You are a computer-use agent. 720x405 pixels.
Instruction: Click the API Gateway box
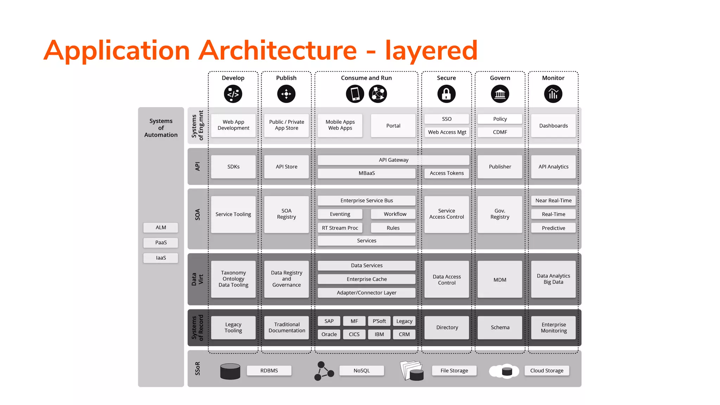(x=393, y=160)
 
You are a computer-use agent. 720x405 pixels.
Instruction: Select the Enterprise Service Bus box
(x=366, y=200)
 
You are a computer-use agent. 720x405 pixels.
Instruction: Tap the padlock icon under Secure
(x=446, y=94)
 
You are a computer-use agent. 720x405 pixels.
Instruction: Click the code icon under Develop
(x=233, y=94)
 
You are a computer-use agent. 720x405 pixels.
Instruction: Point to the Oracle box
(x=329, y=334)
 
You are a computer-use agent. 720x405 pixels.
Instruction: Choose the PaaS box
(x=161, y=243)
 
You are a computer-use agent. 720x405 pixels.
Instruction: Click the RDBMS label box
(x=269, y=371)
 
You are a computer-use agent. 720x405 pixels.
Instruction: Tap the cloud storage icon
(x=504, y=371)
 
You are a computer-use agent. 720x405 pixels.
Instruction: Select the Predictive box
(x=553, y=228)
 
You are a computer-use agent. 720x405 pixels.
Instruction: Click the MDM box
(x=500, y=280)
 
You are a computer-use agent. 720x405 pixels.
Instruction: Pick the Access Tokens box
(x=446, y=173)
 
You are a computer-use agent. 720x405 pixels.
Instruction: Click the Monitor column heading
(x=553, y=78)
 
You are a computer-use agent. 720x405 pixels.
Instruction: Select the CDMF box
(x=500, y=132)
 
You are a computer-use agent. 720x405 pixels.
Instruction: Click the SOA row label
(x=198, y=214)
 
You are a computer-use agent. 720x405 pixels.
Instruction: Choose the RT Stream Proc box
(x=340, y=228)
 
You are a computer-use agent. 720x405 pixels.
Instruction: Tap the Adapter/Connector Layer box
(x=366, y=293)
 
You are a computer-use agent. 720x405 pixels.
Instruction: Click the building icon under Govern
(x=500, y=94)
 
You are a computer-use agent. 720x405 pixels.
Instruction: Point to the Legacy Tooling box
(x=233, y=328)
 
